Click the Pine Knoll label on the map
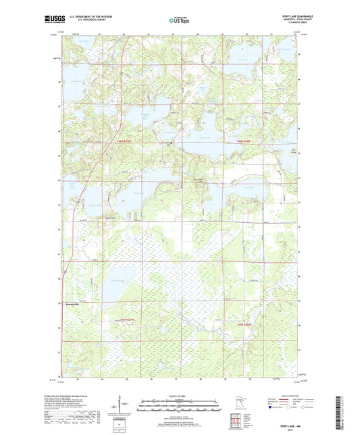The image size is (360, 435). pyautogui.click(x=199, y=179)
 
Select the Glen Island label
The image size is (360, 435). pyautogui.click(x=292, y=151)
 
